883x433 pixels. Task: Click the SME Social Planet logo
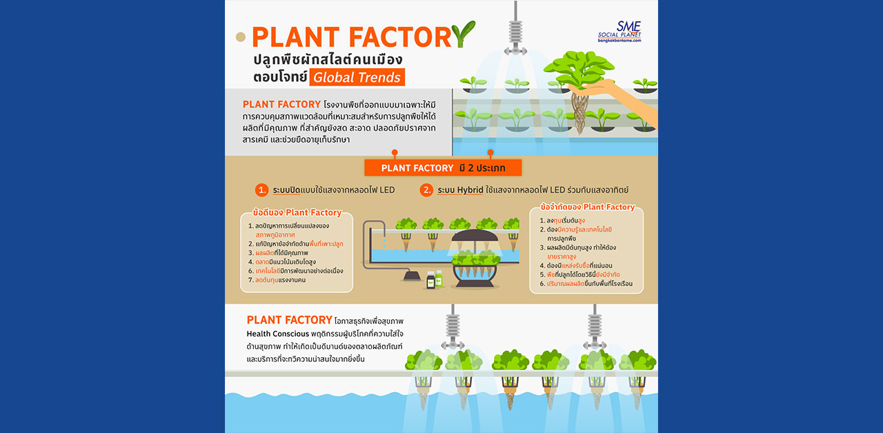[619, 32]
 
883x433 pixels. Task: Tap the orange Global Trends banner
[357, 77]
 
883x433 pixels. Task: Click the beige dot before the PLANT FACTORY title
[241, 37]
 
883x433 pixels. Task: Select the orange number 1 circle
[261, 190]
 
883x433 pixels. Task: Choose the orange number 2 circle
[426, 190]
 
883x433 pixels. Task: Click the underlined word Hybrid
[470, 190]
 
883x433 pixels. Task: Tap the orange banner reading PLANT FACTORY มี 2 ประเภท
[443, 168]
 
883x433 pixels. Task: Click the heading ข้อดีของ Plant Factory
[297, 212]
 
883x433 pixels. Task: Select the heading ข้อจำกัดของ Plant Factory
[587, 207]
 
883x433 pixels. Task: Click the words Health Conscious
[277, 334]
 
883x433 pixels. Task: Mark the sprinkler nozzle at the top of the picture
[515, 30]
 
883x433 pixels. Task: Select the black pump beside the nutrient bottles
[412, 276]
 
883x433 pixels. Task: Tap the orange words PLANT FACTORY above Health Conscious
[289, 320]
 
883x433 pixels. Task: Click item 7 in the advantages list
[277, 280]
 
